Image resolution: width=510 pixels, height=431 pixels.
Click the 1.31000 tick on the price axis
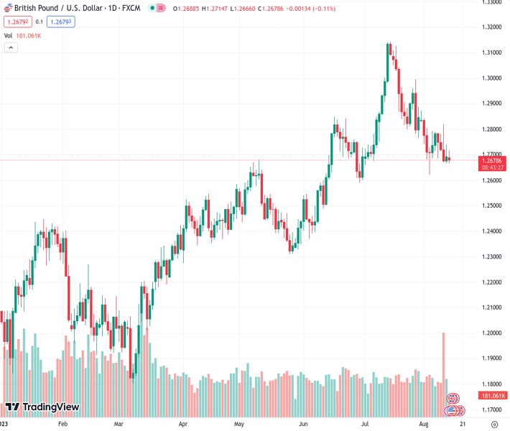click(492, 53)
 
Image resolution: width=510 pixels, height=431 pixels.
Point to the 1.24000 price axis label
click(492, 231)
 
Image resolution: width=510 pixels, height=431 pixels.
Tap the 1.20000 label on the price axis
click(492, 333)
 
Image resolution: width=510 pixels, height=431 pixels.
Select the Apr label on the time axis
click(183, 425)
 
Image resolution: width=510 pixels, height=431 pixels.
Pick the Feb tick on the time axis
click(62, 425)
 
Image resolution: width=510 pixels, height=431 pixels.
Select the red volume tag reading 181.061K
click(493, 396)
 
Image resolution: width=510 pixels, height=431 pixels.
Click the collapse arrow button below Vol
click(11, 47)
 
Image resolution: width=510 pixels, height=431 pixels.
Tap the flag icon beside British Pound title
click(7, 8)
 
